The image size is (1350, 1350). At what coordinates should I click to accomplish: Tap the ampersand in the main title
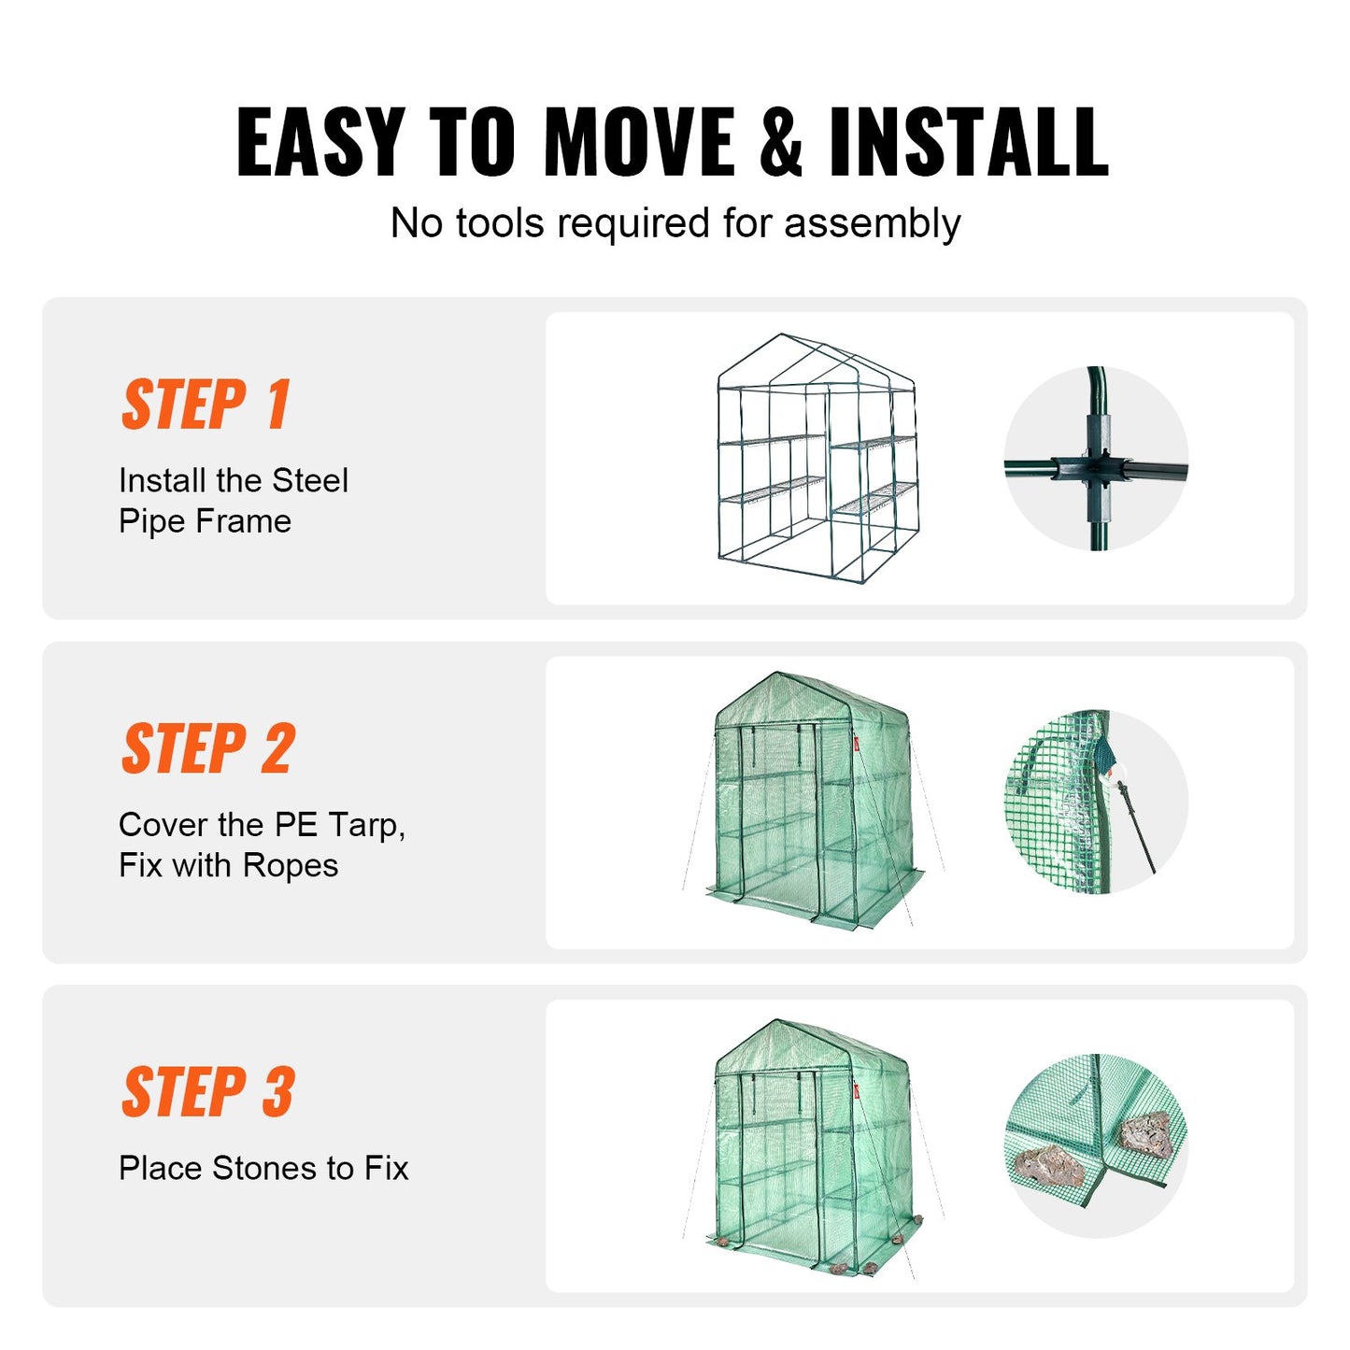pyautogui.click(x=780, y=142)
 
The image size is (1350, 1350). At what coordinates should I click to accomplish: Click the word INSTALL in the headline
pyautogui.click(x=969, y=142)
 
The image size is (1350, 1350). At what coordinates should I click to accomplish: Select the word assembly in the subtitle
pyautogui.click(x=872, y=224)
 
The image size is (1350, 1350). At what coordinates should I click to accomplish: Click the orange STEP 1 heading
pyautogui.click(x=206, y=405)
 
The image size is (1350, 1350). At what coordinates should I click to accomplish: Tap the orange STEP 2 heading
pyautogui.click(x=208, y=748)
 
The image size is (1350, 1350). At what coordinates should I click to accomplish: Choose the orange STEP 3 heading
pyautogui.click(x=208, y=1092)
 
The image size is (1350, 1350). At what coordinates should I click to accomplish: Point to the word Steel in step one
pyautogui.click(x=310, y=481)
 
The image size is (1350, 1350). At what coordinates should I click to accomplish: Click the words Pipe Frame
pyautogui.click(x=205, y=521)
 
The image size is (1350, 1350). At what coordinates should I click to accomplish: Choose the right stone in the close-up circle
pyautogui.click(x=1144, y=1132)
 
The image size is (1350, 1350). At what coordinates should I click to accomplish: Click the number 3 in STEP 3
pyautogui.click(x=277, y=1092)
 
